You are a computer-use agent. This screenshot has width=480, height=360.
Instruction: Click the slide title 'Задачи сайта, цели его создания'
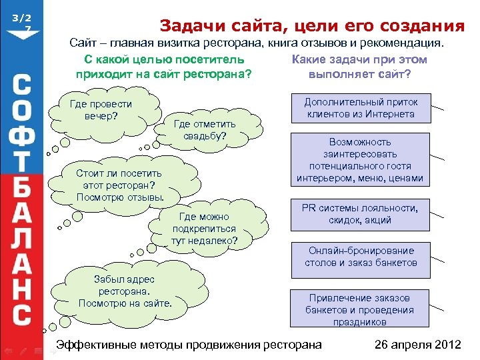pyautogui.click(x=312, y=26)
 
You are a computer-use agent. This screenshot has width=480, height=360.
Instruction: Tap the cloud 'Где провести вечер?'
pyautogui.click(x=101, y=111)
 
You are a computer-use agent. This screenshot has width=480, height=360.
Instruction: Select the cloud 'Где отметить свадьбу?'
pyautogui.click(x=205, y=129)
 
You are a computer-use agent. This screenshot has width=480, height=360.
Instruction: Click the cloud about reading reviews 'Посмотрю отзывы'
pyautogui.click(x=119, y=185)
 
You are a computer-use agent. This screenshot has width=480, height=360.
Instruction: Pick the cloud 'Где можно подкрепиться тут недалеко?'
pyautogui.click(x=204, y=228)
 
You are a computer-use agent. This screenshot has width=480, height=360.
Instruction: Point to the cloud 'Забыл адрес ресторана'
pyautogui.click(x=125, y=292)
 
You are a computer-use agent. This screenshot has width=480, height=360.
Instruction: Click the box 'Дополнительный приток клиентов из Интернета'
pyautogui.click(x=361, y=108)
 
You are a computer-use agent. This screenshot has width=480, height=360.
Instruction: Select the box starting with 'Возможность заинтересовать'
pyautogui.click(x=361, y=160)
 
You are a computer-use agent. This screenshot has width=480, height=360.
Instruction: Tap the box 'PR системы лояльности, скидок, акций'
pyautogui.click(x=361, y=214)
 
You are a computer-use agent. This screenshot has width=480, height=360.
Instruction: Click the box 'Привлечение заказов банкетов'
pyautogui.click(x=361, y=309)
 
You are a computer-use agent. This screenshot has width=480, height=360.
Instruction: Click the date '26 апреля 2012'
pyautogui.click(x=417, y=345)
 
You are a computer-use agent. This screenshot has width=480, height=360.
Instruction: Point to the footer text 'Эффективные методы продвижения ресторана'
pyautogui.click(x=189, y=345)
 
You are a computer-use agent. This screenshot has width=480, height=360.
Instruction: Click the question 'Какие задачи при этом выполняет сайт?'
pyautogui.click(x=360, y=67)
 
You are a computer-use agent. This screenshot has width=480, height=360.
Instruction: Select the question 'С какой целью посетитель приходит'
pyautogui.click(x=164, y=67)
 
